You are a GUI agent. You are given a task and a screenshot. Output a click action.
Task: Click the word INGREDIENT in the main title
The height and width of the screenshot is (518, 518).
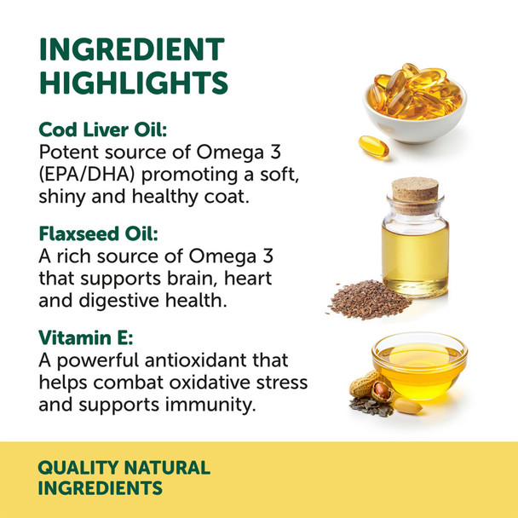click(x=132, y=49)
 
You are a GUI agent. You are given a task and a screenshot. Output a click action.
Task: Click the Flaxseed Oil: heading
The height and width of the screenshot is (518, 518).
click(x=101, y=233)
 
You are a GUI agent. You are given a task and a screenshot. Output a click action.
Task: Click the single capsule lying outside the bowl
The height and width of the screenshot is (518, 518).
click(x=372, y=147)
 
